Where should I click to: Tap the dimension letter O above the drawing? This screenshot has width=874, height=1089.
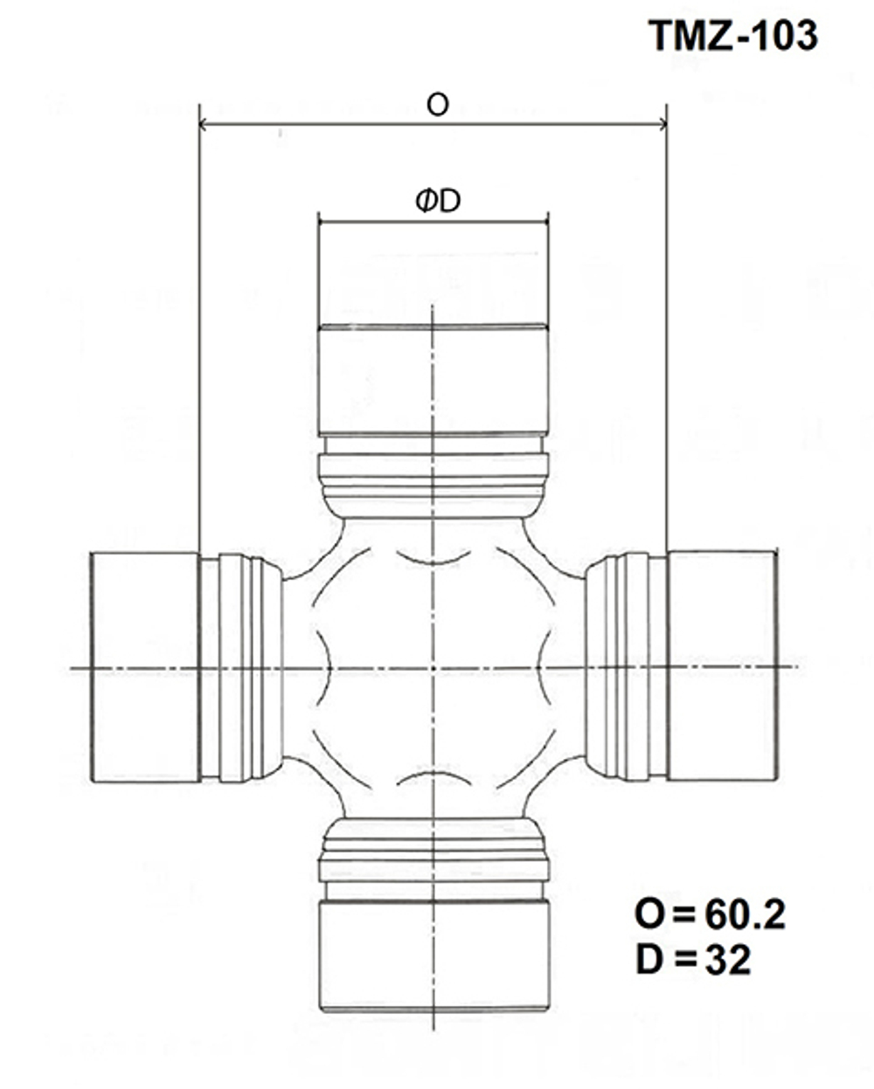point(438,106)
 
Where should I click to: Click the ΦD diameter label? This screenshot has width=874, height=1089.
point(438,201)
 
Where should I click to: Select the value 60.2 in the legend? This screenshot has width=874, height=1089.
point(745,915)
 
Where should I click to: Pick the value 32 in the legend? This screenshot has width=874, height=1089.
point(728,961)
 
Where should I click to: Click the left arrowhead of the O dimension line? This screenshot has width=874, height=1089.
point(203,123)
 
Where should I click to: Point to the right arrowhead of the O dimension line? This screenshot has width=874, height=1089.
point(662,123)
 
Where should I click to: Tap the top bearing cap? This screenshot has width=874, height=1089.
point(433,380)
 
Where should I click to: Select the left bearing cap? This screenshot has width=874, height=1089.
point(146,667)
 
